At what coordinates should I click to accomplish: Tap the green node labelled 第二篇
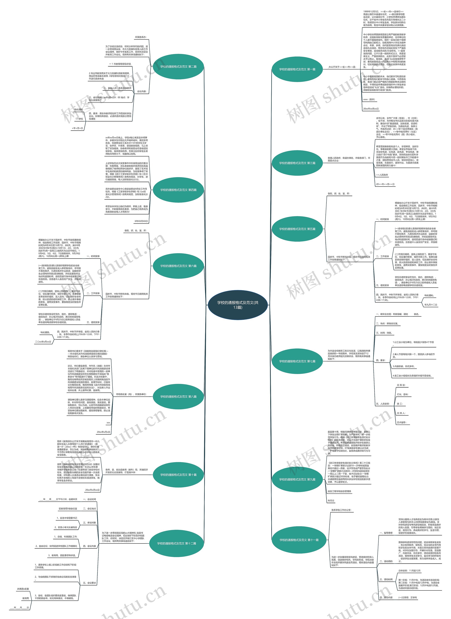(178, 67)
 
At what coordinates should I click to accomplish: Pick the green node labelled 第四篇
(178, 190)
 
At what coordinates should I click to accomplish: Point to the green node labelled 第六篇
(178, 266)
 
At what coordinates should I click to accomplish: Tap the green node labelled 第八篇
(178, 397)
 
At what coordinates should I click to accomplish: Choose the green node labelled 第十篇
(178, 475)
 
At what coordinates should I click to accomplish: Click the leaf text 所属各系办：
(141, 37)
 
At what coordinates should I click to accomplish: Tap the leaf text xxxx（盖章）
(369, 100)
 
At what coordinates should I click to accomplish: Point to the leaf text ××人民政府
(382, 175)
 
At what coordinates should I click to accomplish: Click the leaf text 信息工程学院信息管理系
(339, 491)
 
